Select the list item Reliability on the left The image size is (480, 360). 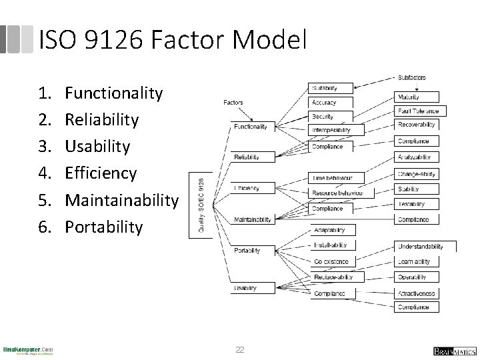pyautogui.click(x=102, y=120)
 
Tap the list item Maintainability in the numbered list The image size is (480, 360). pyautogui.click(x=122, y=200)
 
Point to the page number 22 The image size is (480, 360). pyautogui.click(x=240, y=350)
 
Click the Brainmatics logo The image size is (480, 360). pyautogui.click(x=453, y=351)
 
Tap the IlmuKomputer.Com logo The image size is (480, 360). pyautogui.click(x=28, y=350)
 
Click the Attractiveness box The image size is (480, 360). pyautogui.click(x=417, y=293)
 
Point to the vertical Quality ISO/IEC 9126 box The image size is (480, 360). pyautogui.click(x=202, y=203)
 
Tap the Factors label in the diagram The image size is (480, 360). pyautogui.click(x=233, y=103)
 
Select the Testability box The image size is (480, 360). pyautogui.click(x=411, y=204)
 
